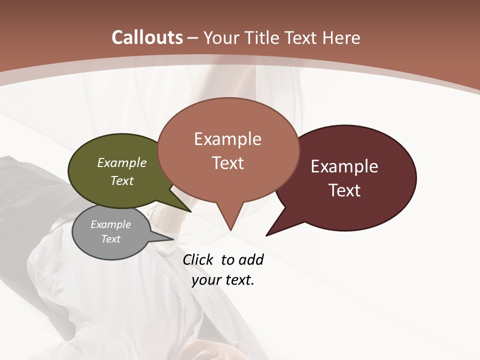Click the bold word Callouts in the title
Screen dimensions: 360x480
tap(147, 37)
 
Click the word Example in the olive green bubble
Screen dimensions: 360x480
tap(122, 162)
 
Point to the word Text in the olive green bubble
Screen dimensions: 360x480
tap(122, 180)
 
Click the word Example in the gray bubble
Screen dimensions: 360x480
tap(111, 224)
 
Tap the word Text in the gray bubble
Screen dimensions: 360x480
tap(111, 239)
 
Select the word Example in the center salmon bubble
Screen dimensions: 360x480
tap(228, 139)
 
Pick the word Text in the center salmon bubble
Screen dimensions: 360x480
tap(228, 162)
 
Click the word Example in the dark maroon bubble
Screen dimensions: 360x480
tap(344, 166)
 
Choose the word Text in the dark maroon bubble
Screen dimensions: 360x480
tap(345, 190)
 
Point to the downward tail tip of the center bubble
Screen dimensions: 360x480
tap(230, 228)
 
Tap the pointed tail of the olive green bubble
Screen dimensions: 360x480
tap(188, 209)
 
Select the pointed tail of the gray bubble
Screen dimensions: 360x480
tap(170, 238)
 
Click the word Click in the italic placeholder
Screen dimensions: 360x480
tap(198, 260)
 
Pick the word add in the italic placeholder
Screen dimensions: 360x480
tap(251, 260)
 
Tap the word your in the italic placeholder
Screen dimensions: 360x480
tap(205, 280)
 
